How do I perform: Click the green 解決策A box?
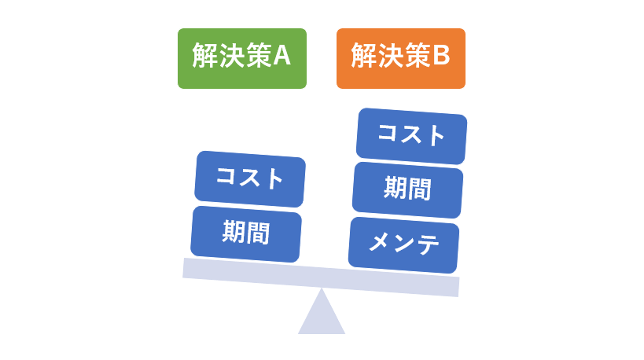pyautogui.click(x=242, y=58)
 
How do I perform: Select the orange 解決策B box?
pyautogui.click(x=401, y=58)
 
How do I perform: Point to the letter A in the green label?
pyautogui.click(x=282, y=56)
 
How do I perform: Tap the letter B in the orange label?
pyautogui.click(x=441, y=56)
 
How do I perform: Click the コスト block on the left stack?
pyautogui.click(x=250, y=179)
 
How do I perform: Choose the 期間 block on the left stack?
pyautogui.click(x=246, y=234)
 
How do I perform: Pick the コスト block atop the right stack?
pyautogui.click(x=411, y=136)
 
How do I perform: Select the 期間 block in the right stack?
pyautogui.click(x=407, y=190)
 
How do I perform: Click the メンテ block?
pyautogui.click(x=403, y=245)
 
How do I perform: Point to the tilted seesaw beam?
pyautogui.click(x=321, y=277)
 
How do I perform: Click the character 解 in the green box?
pyautogui.click(x=205, y=56)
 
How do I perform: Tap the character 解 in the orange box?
pyautogui.click(x=364, y=56)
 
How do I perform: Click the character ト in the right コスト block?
pyautogui.click(x=436, y=137)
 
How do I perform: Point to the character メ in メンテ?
pyautogui.click(x=379, y=241)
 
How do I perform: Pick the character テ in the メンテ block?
pyautogui.click(x=427, y=245)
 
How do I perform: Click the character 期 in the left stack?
pyautogui.click(x=234, y=232)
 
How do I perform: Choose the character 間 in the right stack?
pyautogui.click(x=419, y=189)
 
